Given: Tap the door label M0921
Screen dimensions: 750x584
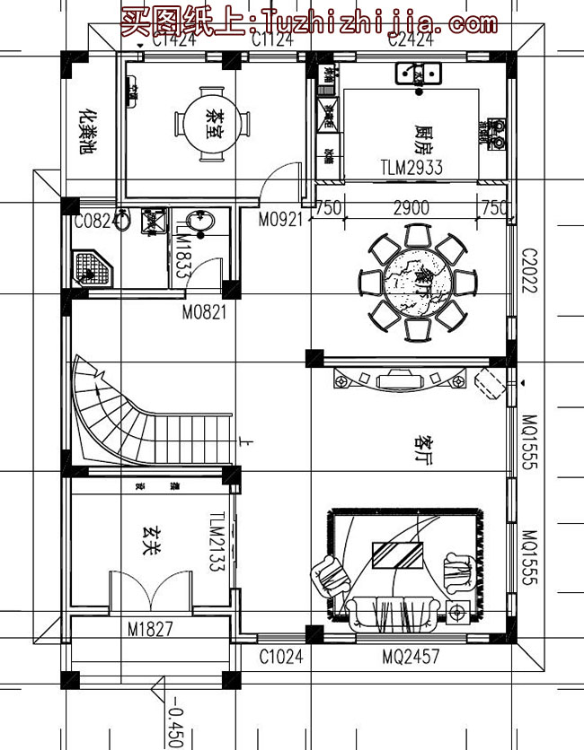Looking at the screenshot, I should [279, 220].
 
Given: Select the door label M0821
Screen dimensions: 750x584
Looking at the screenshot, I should [203, 313].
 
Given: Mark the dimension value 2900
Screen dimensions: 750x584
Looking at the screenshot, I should [411, 207].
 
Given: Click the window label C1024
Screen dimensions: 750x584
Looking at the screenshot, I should [280, 658].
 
